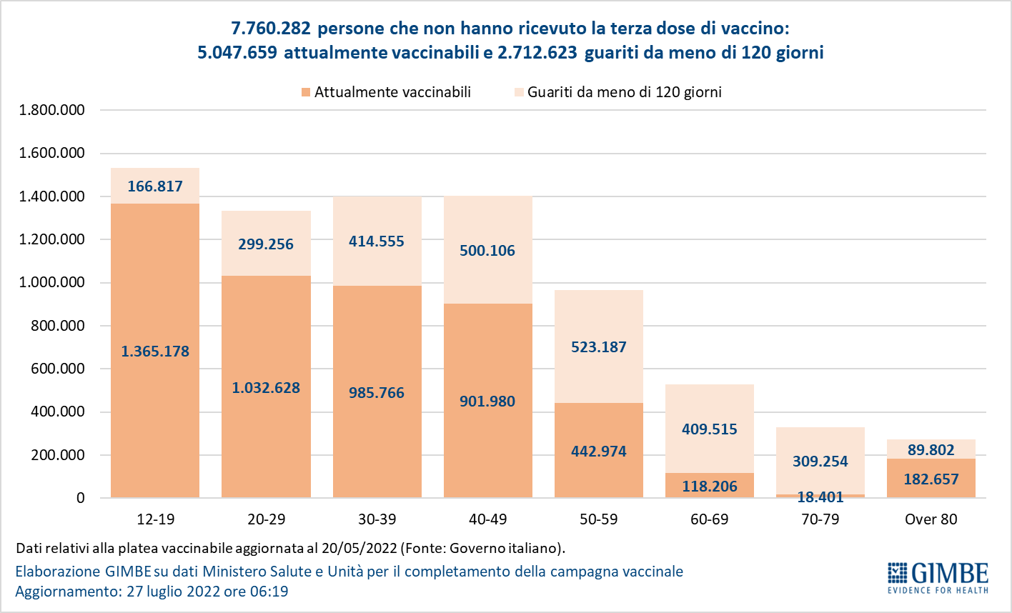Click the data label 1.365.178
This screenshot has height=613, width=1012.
click(x=155, y=352)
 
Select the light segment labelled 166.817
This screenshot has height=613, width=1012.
click(x=155, y=186)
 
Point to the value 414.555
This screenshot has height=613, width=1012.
click(x=377, y=241)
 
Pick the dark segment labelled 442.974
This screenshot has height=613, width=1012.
click(x=598, y=452)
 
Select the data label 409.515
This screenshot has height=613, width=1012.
click(x=709, y=429)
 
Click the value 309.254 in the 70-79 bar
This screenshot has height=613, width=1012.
click(x=820, y=462)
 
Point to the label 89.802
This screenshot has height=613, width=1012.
click(x=931, y=450)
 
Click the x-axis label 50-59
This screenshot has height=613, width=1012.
click(x=598, y=519)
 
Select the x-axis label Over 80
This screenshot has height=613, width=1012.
click(x=931, y=519)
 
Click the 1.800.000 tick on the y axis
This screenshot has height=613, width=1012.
click(x=52, y=110)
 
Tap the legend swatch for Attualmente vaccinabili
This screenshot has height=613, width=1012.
click(x=306, y=92)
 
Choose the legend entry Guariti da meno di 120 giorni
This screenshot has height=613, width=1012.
click(x=624, y=92)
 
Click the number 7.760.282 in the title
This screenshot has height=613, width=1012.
click(x=271, y=29)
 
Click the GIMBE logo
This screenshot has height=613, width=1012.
click(x=938, y=577)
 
